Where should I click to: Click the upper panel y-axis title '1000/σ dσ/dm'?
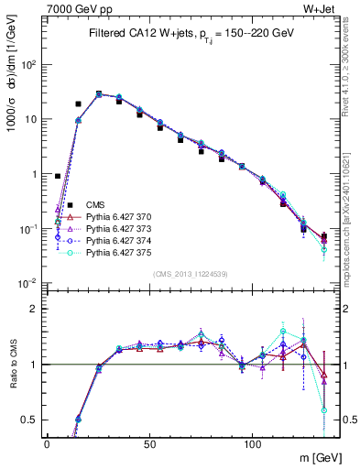click(x=11, y=92)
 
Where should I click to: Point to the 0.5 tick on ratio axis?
click(x=33, y=420)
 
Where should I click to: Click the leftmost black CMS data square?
click(x=58, y=176)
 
